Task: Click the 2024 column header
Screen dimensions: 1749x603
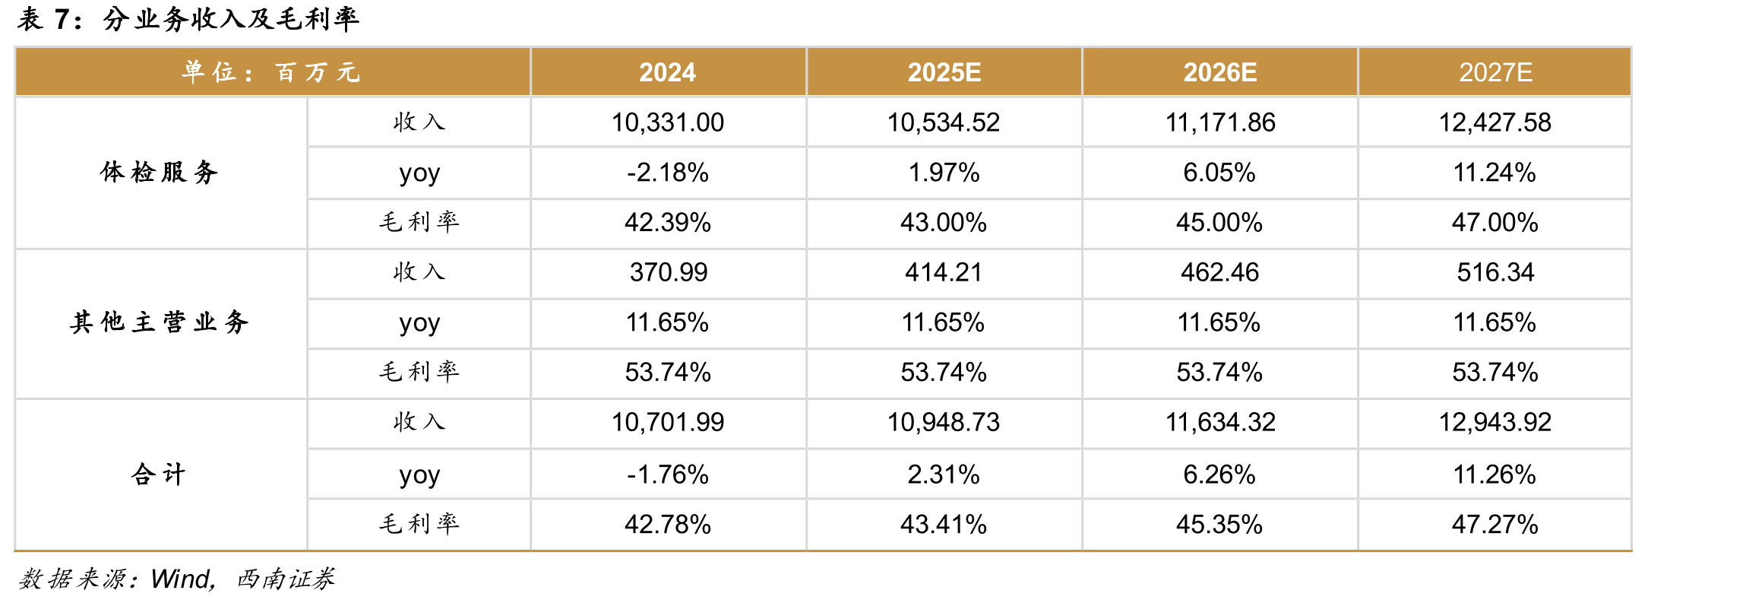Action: coord(667,72)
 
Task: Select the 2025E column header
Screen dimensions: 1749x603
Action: coord(944,72)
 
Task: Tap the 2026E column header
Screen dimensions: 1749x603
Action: coord(1219,72)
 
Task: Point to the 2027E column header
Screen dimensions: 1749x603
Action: coord(1495,72)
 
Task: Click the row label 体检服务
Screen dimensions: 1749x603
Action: coord(159,173)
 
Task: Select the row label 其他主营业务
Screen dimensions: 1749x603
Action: coord(159,322)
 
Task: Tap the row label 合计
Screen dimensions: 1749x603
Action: coord(159,474)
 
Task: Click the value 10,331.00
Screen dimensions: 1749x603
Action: coord(668,122)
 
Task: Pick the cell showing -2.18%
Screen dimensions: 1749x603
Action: coord(668,173)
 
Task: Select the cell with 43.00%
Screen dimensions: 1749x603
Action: coord(944,222)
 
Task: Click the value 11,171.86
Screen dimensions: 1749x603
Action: coord(1220,122)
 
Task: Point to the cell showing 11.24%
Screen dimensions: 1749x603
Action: coord(1494,173)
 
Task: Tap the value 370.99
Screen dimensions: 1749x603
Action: coord(669,272)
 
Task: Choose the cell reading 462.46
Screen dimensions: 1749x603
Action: coord(1219,272)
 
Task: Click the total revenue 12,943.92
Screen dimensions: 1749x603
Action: coord(1495,422)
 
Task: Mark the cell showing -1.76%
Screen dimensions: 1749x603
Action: coord(668,474)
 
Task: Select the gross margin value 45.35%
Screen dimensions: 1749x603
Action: coord(1219,524)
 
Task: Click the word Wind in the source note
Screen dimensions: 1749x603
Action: coord(181,579)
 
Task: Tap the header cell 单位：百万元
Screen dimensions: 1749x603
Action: coord(271,72)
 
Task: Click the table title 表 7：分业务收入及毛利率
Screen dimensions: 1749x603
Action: coord(188,18)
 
